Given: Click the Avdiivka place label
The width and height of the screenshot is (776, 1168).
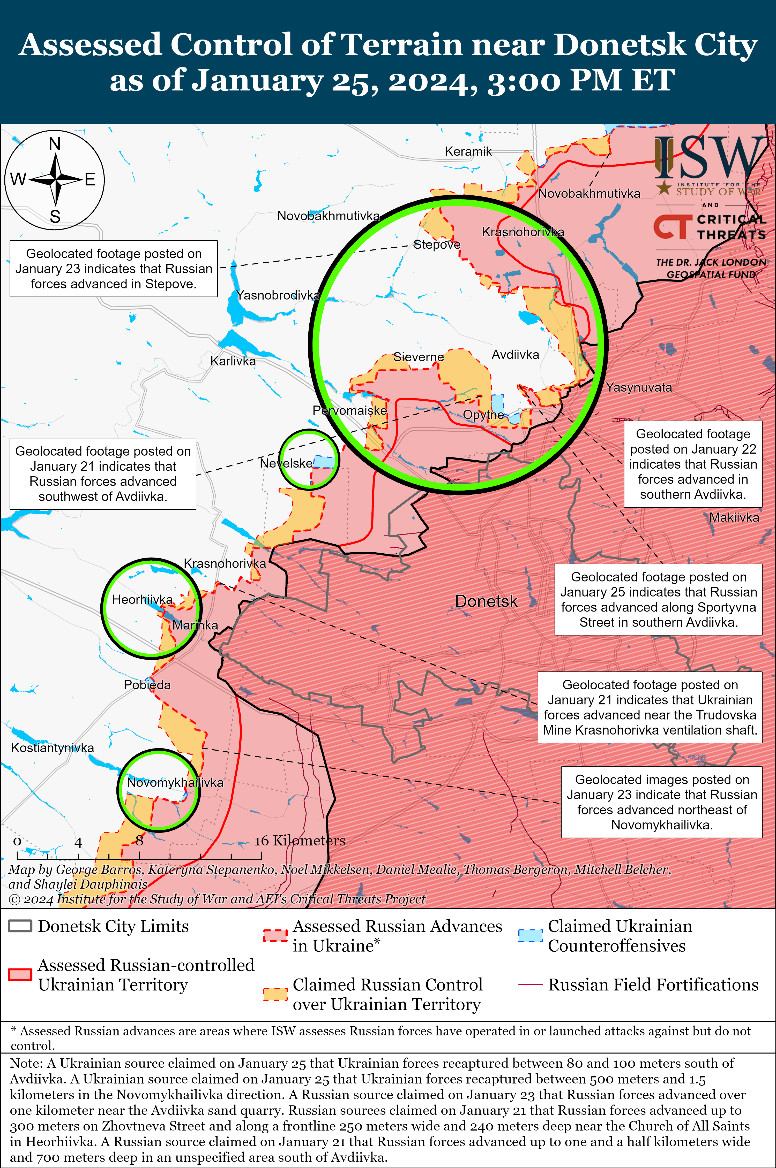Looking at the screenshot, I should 515,355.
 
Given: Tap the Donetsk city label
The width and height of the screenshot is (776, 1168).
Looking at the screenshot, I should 486,601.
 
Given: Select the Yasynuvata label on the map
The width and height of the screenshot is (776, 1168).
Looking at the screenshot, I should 639,387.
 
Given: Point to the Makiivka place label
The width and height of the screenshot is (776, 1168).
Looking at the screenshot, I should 734,518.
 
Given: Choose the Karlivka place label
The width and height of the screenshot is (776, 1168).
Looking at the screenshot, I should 233,361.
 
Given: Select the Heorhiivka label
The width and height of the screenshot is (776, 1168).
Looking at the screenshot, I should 143,600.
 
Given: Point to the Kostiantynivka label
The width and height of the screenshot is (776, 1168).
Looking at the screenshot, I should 53,748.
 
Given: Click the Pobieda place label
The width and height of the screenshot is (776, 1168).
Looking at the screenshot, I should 147,685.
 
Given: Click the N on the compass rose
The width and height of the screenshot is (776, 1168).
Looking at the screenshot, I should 55,144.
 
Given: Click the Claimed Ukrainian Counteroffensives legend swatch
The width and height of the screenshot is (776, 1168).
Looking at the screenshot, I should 530,936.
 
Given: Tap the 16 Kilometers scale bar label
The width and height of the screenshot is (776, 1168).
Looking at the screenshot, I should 300,841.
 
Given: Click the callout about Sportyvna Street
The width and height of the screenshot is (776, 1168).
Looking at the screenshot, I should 658,599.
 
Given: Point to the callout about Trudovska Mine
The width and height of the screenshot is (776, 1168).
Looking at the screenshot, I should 650,707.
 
